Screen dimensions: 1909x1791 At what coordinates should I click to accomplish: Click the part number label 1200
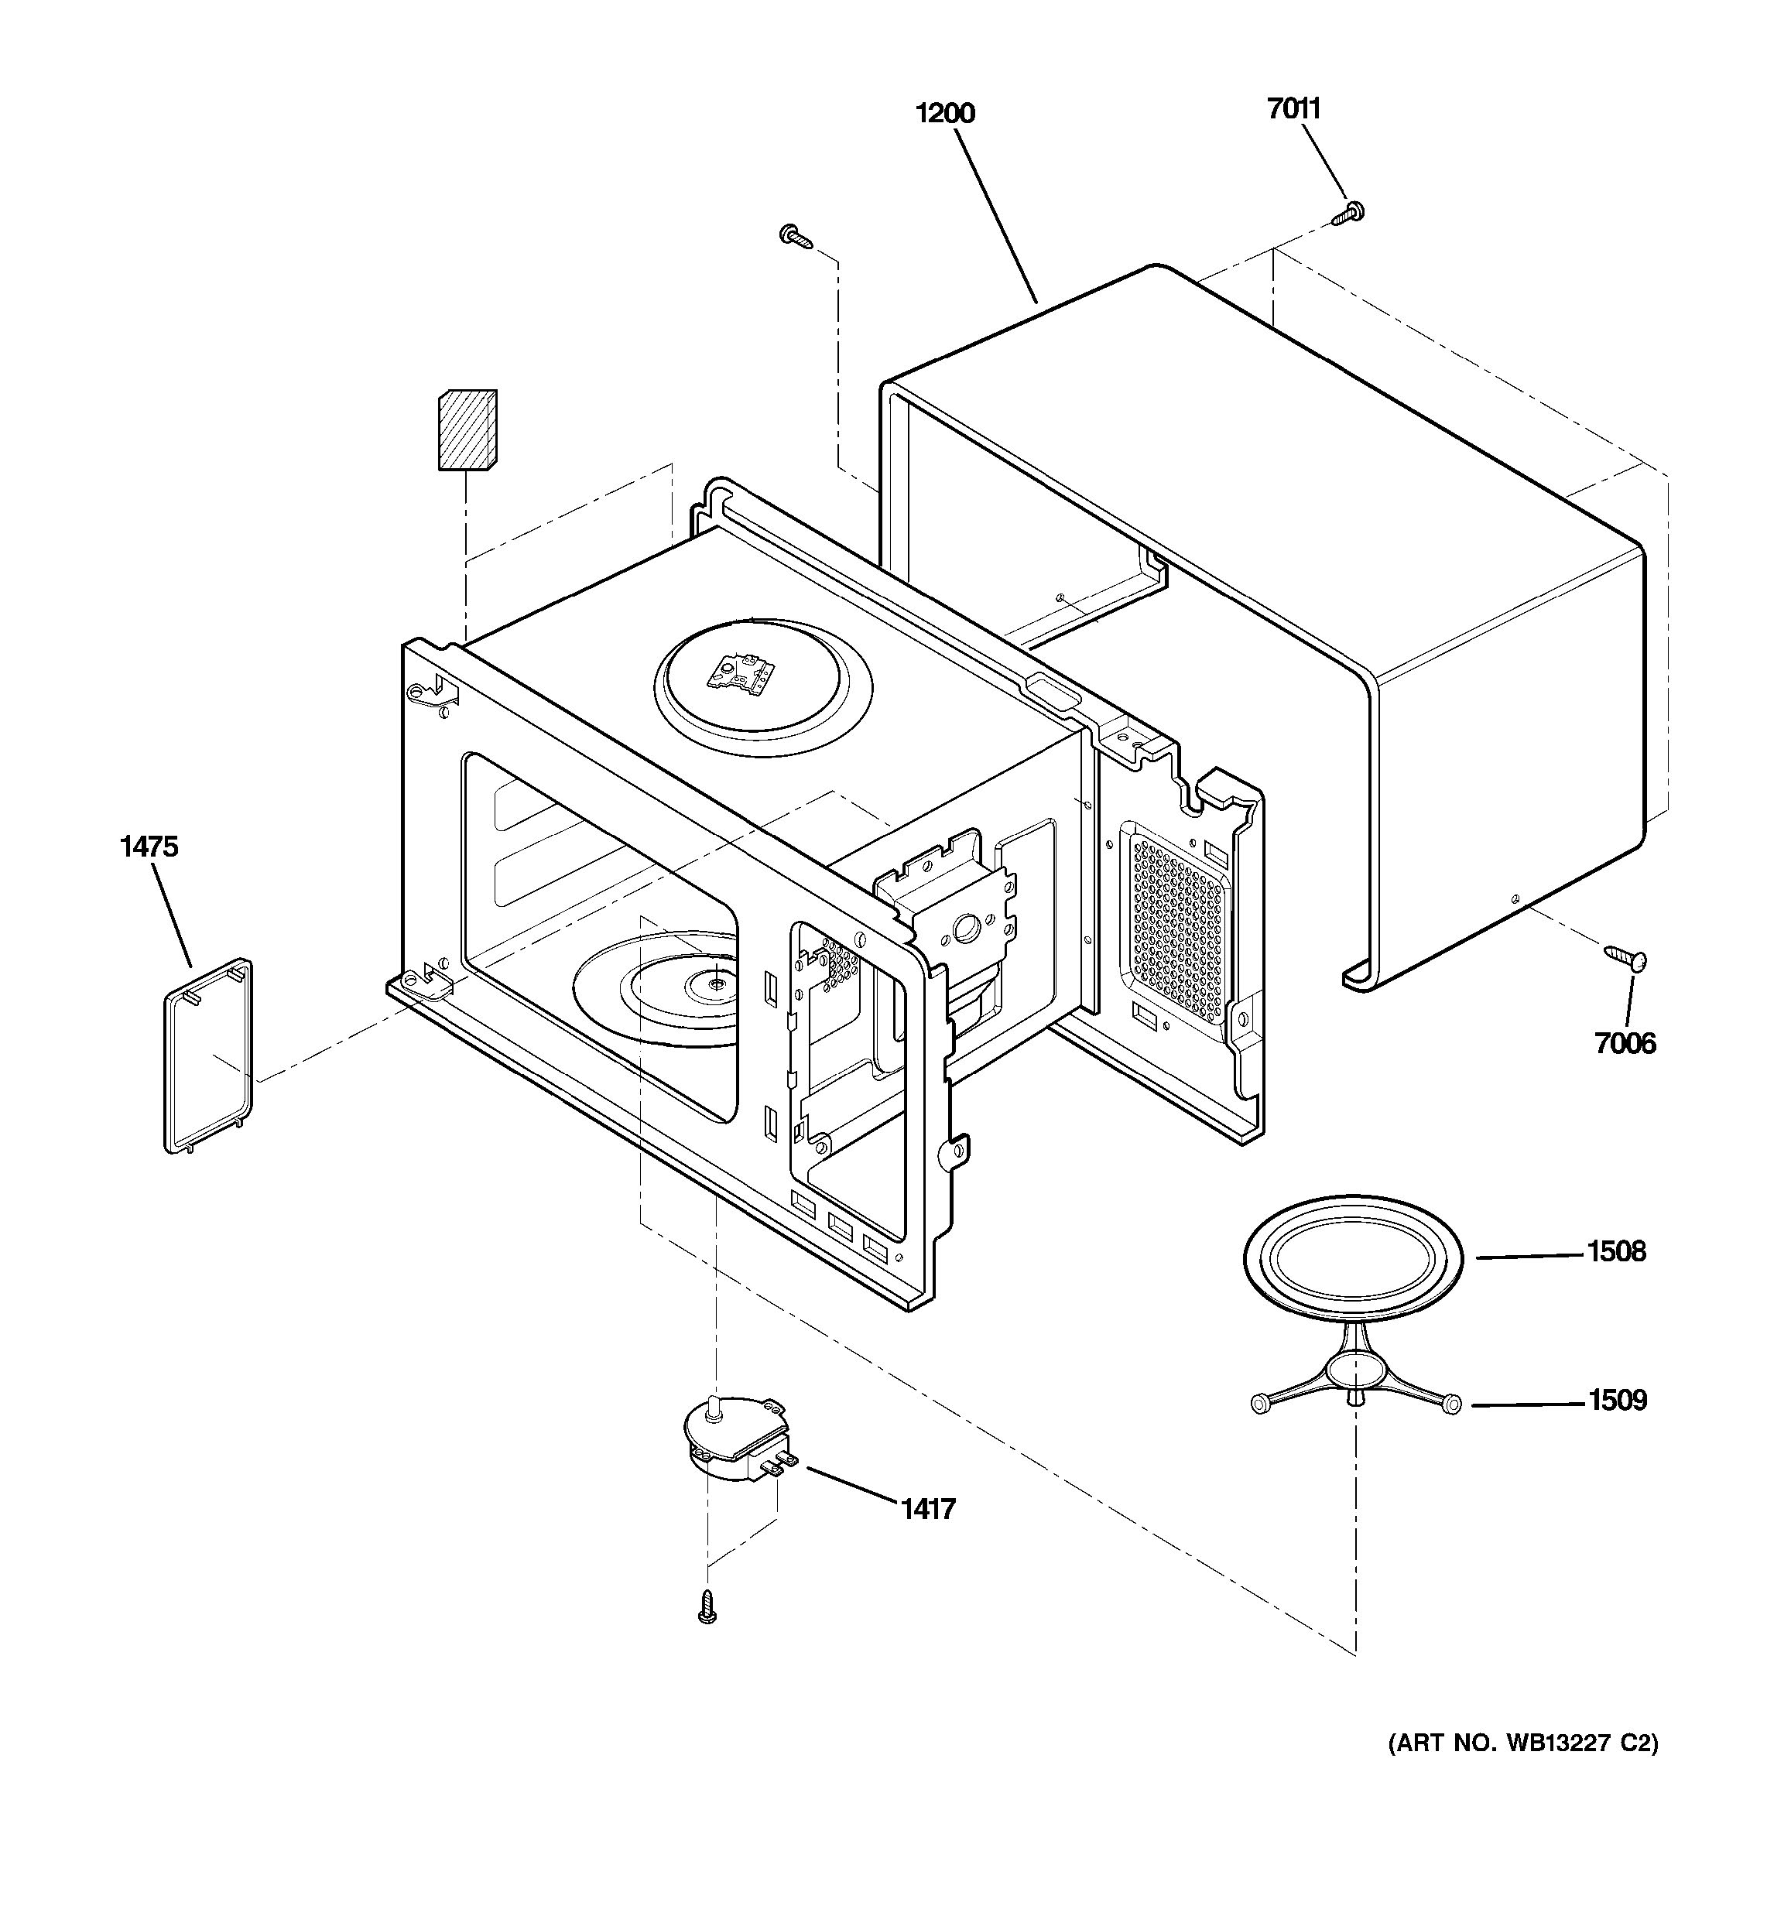(x=945, y=113)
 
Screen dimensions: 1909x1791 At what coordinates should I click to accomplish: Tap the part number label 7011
(x=1293, y=108)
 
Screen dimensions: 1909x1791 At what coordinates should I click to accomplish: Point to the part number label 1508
(x=1616, y=1251)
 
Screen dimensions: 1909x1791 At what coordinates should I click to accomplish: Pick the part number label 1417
(x=928, y=1509)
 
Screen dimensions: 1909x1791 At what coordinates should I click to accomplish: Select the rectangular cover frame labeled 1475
(x=208, y=1055)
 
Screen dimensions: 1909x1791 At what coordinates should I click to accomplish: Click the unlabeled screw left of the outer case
(x=796, y=235)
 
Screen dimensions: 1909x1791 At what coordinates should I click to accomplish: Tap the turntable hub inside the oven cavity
(x=715, y=981)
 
